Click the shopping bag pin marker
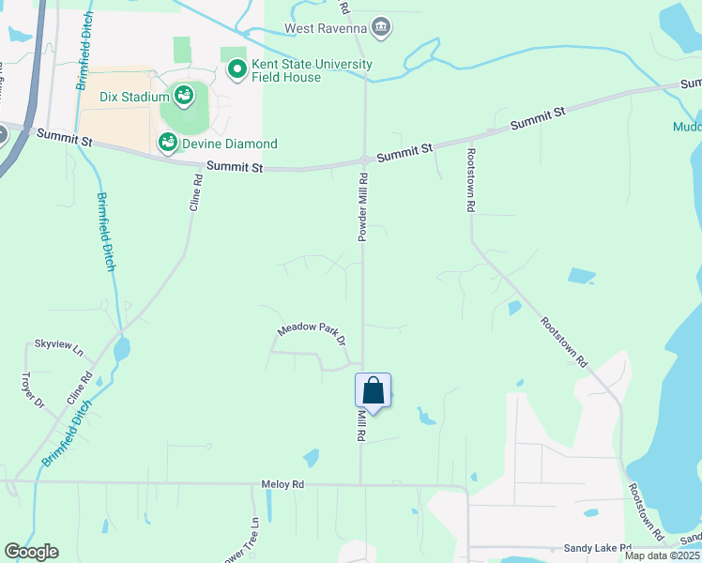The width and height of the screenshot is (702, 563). coord(373,391)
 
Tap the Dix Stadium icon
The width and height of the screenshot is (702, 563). coord(184,95)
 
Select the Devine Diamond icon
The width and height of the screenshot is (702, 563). coord(168,143)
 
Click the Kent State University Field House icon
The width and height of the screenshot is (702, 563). coord(237,69)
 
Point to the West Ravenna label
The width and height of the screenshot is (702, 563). coord(325,28)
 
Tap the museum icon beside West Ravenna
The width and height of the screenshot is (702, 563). coord(380,26)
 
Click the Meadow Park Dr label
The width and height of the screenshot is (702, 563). coord(312,331)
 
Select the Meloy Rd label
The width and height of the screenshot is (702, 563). coord(283,484)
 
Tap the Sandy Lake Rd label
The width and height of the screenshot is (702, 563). coord(599,547)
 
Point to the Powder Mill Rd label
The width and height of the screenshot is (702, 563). coord(362,206)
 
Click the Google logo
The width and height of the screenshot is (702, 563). coord(31,552)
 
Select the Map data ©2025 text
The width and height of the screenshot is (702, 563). coord(662,555)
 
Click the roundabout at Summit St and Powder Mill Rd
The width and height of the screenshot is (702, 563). coord(364,160)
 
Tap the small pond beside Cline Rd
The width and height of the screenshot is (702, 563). coord(121,351)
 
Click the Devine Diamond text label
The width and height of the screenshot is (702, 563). coord(230,144)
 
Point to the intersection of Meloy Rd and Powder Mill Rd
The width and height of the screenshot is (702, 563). coord(361,484)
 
